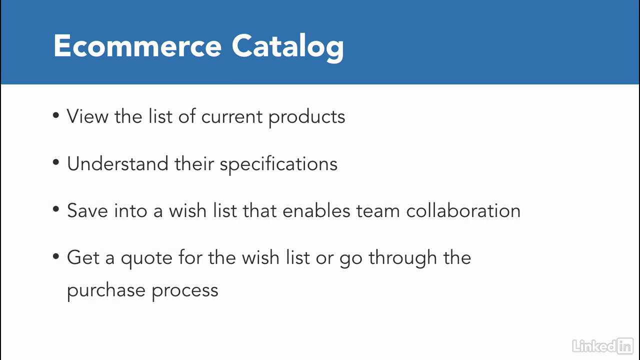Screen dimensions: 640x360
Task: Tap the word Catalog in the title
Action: [287, 47]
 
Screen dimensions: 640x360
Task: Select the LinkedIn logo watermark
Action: [602, 345]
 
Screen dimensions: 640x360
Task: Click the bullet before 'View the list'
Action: [55, 115]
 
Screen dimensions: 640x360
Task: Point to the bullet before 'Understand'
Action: [55, 162]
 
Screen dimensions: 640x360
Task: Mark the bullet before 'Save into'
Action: [55, 209]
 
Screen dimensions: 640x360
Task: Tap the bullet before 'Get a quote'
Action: [55, 256]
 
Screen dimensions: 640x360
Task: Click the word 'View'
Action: [87, 116]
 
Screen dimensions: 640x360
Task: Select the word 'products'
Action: [307, 117]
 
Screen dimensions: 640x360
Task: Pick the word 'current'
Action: [231, 117]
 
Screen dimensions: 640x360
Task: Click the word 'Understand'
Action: [117, 163]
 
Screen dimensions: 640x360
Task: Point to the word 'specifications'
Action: [278, 164]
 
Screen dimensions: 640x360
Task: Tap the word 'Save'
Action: [87, 211]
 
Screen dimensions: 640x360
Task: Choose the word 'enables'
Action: [316, 210]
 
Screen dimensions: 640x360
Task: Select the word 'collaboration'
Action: [463, 210]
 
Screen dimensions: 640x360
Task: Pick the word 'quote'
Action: [146, 259]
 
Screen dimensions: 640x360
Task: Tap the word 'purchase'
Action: [106, 291]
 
